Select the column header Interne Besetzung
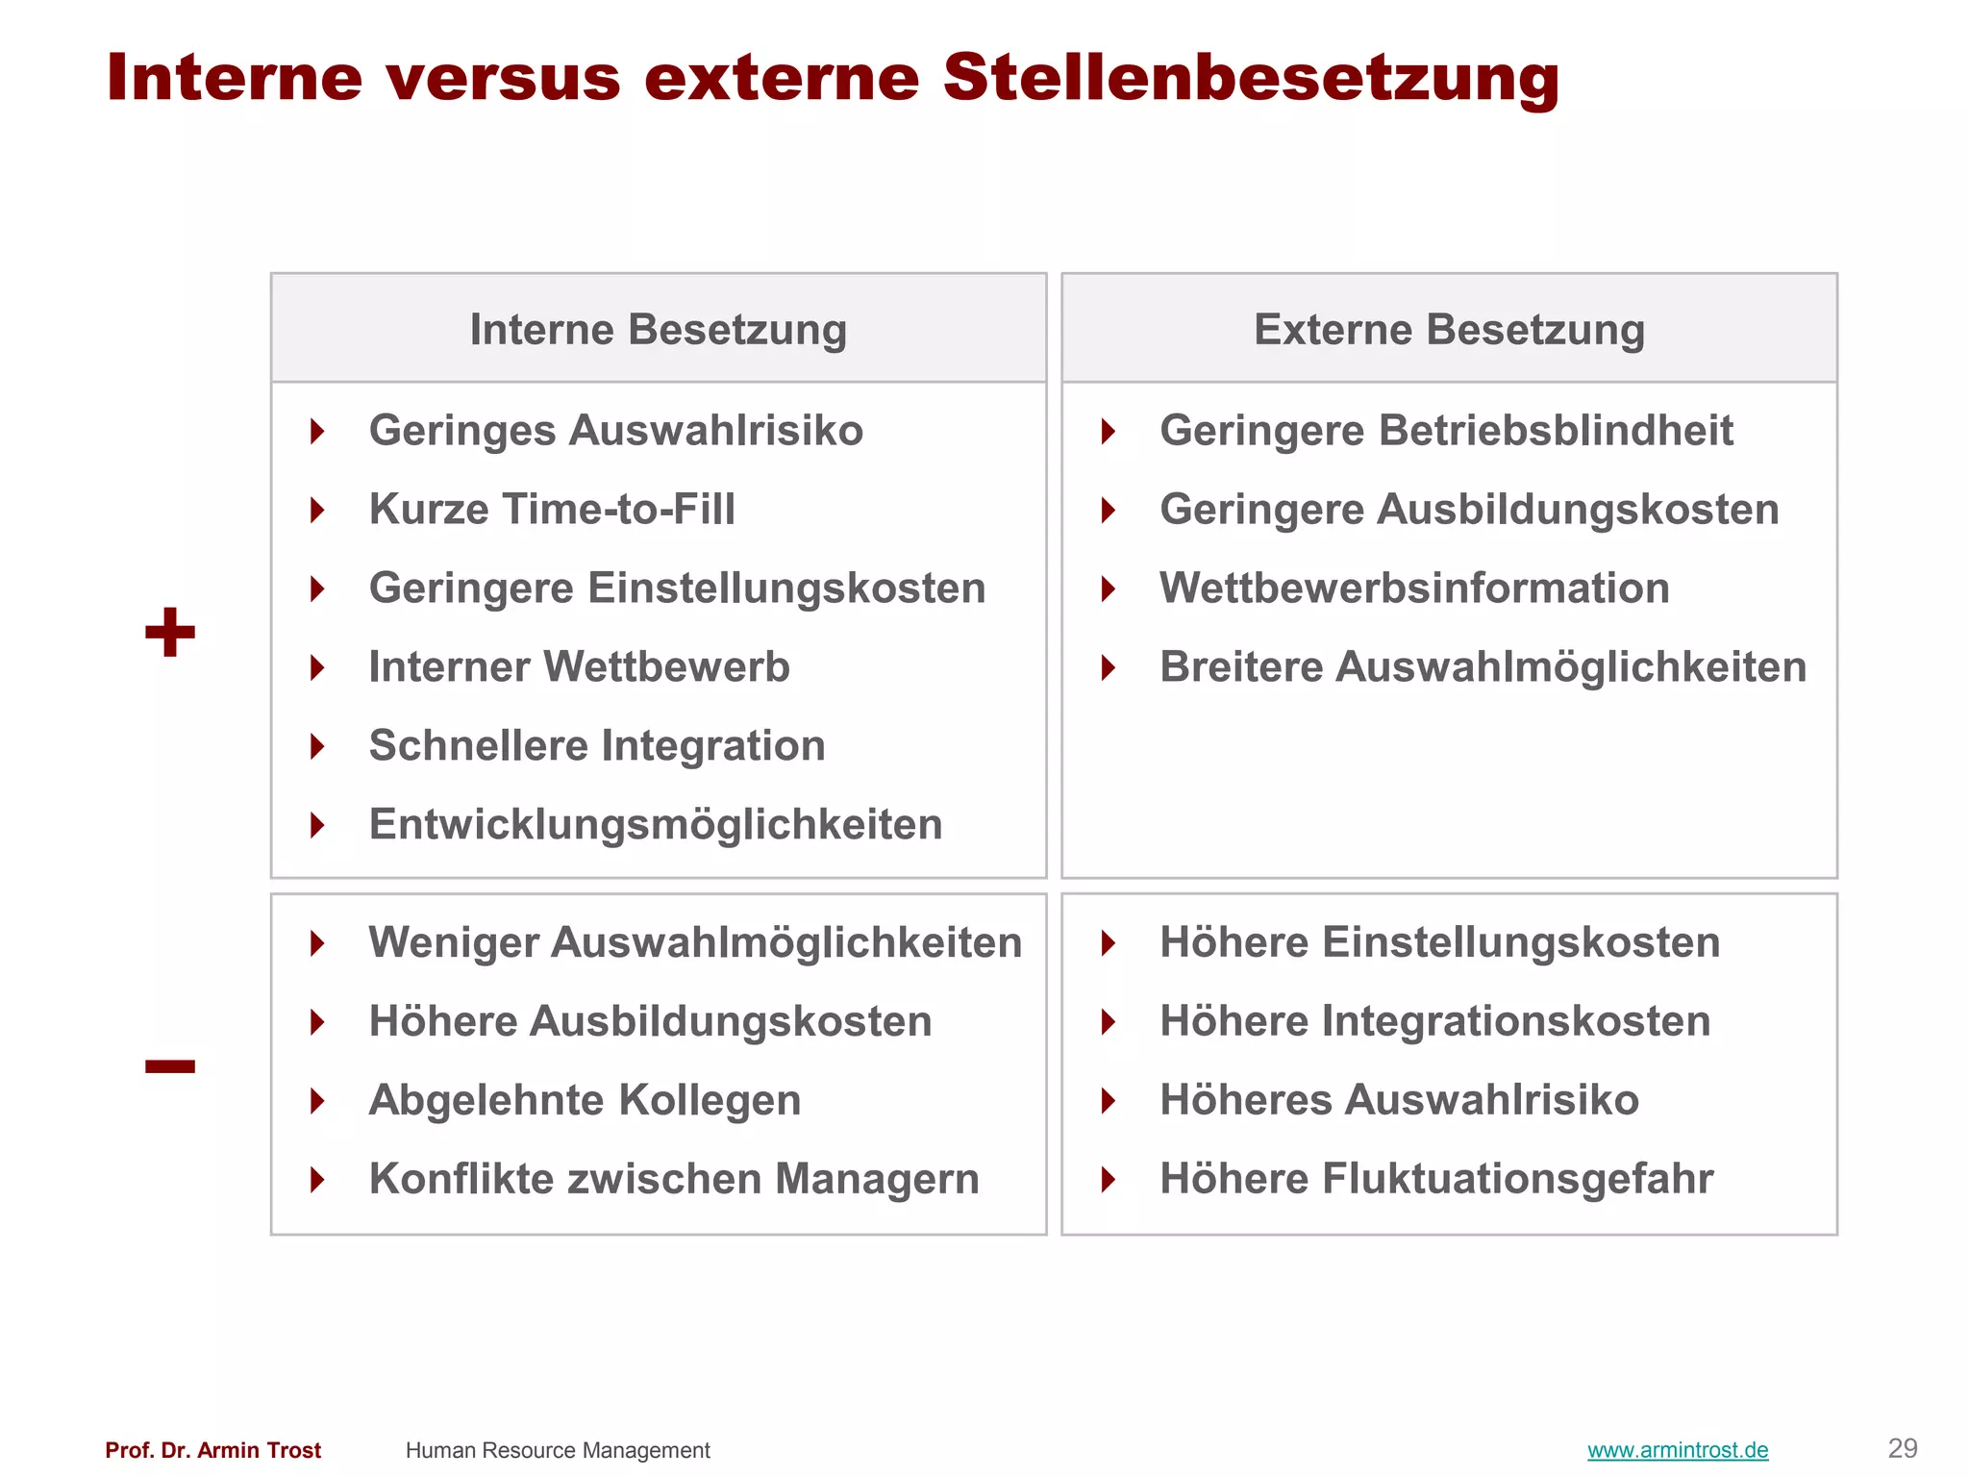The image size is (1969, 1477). click(659, 330)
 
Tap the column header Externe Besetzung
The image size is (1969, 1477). click(1449, 330)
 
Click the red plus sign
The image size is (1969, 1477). click(170, 633)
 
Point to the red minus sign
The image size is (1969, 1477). click(170, 1065)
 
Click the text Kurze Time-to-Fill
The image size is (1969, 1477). click(552, 510)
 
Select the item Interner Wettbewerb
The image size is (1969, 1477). click(579, 667)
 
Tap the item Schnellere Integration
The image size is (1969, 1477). click(597, 746)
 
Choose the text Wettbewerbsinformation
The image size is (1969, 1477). click(1414, 588)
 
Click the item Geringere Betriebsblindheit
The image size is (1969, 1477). click(1446, 431)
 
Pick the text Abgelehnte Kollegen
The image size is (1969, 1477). click(585, 1100)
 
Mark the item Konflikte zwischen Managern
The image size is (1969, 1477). click(674, 1179)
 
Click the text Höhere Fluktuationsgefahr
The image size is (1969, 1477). click(1436, 1179)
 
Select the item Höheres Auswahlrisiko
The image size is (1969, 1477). click(1399, 1100)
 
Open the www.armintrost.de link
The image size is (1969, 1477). click(1678, 1450)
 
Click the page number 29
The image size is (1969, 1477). click(1903, 1448)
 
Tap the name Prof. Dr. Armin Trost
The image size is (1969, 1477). click(213, 1450)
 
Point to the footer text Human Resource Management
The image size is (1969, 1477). click(558, 1450)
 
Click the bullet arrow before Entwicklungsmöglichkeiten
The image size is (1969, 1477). click(317, 825)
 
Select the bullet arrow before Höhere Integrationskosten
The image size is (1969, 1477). click(1109, 1021)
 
